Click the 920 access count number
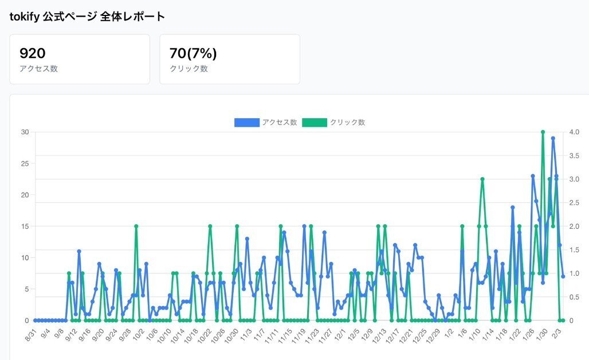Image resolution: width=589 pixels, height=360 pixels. [33, 53]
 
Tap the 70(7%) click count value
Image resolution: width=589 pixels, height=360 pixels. [193, 53]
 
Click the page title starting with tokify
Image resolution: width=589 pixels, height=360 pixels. [87, 16]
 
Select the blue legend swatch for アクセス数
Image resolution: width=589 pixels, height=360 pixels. [246, 122]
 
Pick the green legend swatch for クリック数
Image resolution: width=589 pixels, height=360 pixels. [315, 122]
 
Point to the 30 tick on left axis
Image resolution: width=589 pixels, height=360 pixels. [25, 132]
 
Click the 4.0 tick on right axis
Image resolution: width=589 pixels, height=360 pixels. [574, 132]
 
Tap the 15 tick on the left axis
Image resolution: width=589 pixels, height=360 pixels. [25, 226]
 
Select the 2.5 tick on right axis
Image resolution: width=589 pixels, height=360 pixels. [574, 202]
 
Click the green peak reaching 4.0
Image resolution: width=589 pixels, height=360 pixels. [543, 132]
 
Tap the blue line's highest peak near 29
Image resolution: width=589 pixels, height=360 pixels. [553, 138]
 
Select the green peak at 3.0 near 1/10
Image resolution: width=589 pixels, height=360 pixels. [482, 179]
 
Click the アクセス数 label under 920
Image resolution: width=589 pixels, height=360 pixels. [38, 69]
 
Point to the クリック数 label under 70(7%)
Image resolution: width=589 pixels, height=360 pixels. [189, 69]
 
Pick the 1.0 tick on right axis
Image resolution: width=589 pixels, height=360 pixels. [574, 273]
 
